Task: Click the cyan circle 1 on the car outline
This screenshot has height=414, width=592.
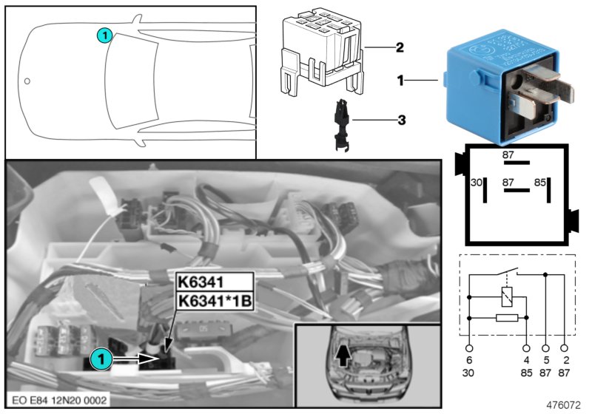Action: coord(105,34)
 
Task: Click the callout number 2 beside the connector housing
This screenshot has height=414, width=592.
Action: coord(399,48)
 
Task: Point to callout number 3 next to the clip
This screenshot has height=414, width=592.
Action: coord(399,119)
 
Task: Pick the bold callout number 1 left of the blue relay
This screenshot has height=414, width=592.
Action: coord(400,79)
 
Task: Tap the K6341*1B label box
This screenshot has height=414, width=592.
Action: coord(213,302)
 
